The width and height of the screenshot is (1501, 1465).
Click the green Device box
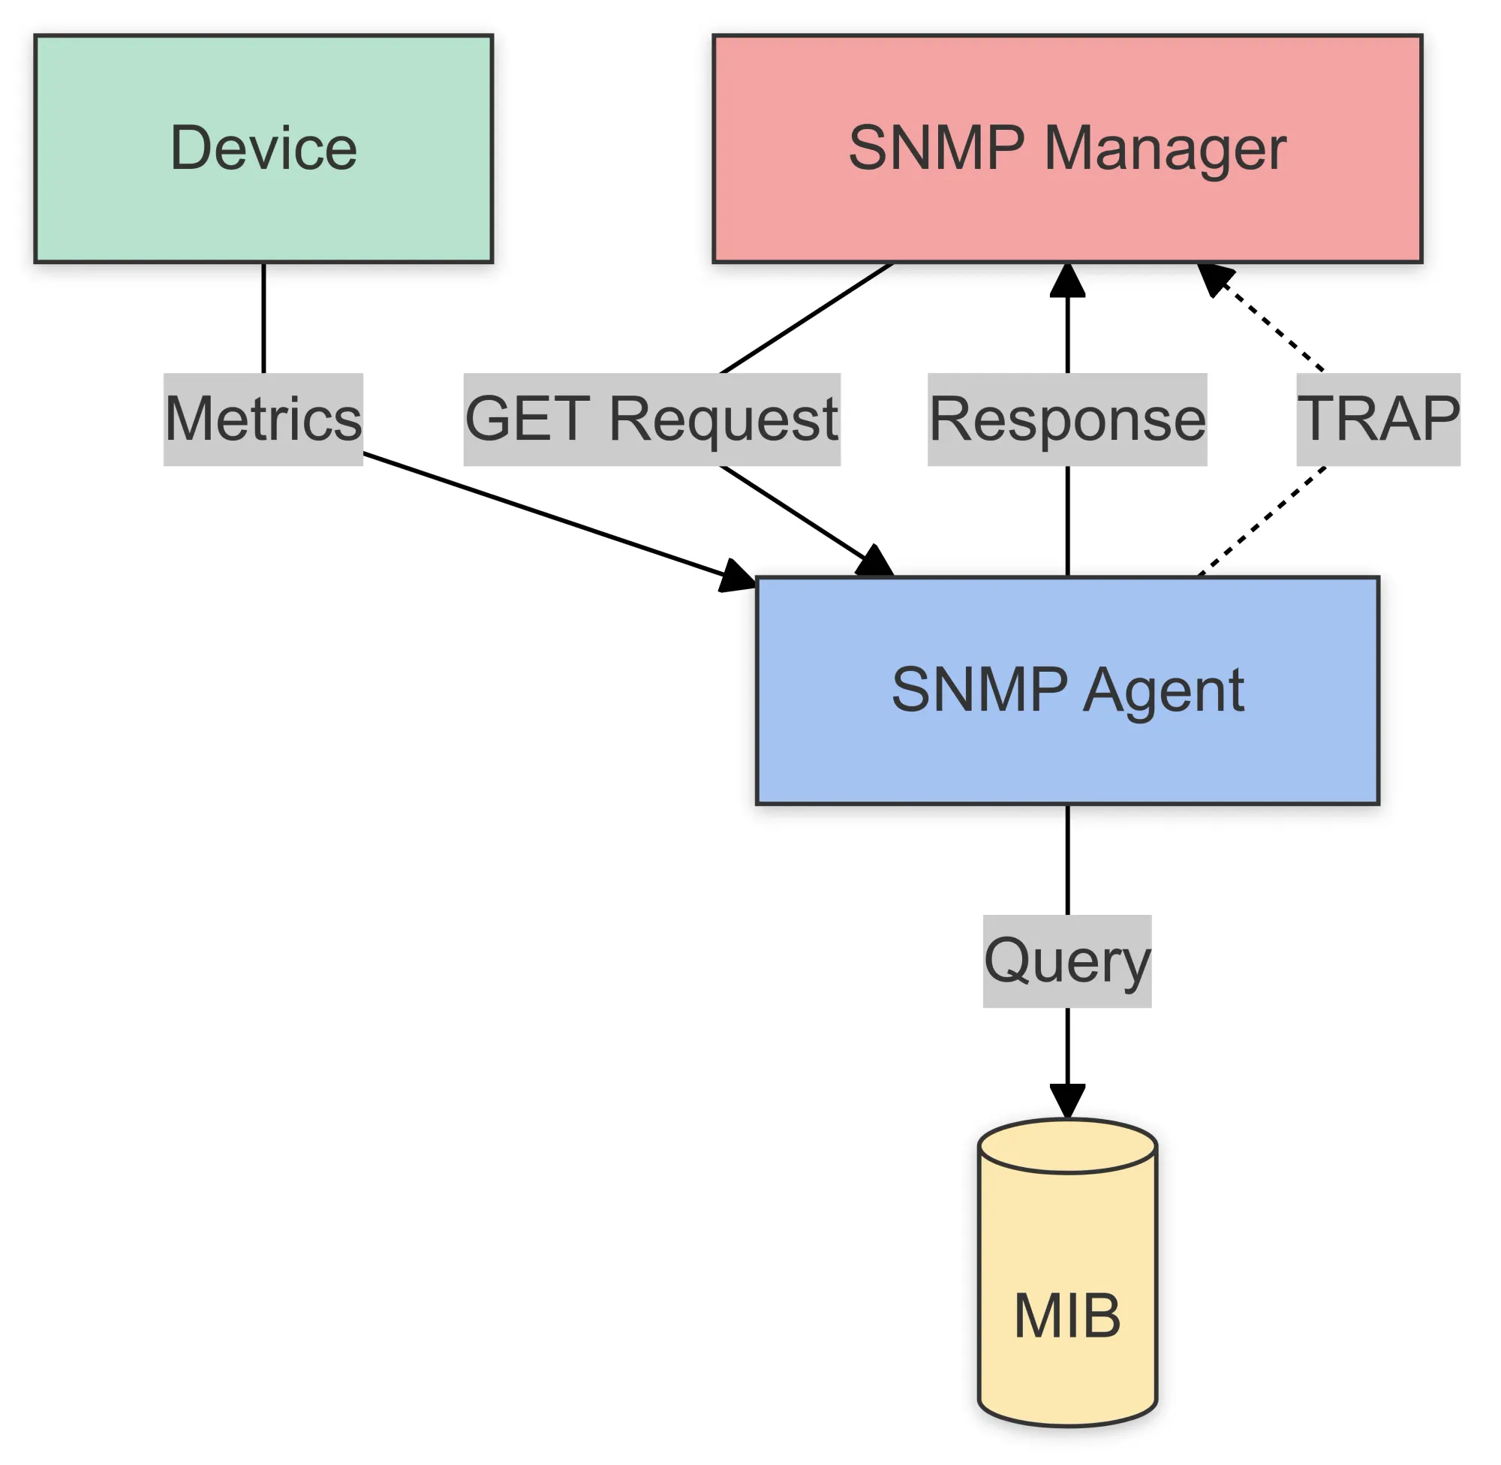(264, 149)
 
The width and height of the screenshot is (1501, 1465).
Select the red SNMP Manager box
(1067, 149)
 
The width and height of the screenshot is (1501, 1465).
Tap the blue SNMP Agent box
(1067, 690)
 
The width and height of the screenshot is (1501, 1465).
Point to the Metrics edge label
(263, 420)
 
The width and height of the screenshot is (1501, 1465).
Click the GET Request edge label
(651, 420)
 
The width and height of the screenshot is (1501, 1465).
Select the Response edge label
(1067, 420)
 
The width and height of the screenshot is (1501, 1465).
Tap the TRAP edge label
(1378, 420)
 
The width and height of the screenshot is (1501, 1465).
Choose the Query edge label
(1067, 961)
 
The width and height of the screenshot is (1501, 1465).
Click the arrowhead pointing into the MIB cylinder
(1067, 1100)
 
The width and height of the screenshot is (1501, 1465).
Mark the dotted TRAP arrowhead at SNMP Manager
(1215, 278)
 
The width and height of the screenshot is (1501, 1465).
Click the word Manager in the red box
(1165, 149)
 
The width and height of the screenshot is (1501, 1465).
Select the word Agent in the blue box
(1163, 690)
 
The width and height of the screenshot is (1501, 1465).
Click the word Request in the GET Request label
(723, 420)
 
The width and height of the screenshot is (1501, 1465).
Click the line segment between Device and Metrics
(264, 317)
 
